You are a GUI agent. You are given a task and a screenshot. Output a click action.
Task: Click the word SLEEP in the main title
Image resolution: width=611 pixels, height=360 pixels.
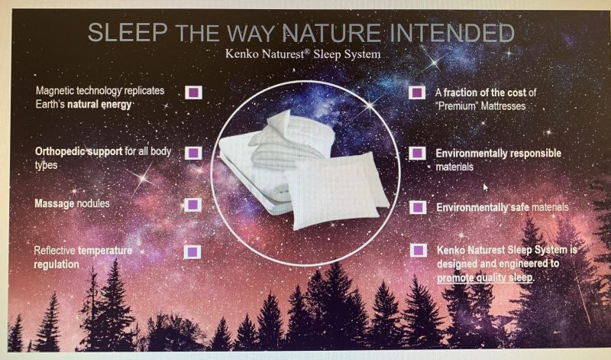(128, 32)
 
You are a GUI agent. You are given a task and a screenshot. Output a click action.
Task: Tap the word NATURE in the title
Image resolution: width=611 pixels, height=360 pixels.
(331, 33)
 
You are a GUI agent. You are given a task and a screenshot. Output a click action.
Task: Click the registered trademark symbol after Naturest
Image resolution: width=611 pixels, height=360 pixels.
(307, 50)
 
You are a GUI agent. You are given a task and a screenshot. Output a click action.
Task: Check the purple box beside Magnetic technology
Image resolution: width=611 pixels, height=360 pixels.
(193, 92)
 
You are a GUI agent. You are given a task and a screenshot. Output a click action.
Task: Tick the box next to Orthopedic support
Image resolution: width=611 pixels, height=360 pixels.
(193, 153)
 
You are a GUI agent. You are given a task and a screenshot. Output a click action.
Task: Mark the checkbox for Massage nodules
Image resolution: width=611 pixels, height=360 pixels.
(192, 205)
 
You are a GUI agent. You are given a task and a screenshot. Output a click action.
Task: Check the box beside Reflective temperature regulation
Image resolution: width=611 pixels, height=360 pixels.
(192, 252)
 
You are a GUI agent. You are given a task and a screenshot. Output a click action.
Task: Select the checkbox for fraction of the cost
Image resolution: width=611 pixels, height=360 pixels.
(417, 92)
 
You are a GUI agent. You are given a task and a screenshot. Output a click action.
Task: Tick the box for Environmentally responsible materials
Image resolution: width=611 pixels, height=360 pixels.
(417, 153)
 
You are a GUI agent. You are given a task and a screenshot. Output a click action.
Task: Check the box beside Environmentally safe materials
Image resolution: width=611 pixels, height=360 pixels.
(418, 207)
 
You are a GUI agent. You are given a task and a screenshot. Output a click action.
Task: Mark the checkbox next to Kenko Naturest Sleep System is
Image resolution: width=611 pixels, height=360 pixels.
(419, 250)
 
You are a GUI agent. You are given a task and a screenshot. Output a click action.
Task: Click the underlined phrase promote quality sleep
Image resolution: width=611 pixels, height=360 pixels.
(485, 277)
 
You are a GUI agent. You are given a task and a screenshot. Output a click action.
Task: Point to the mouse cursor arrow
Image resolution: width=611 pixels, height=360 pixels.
(486, 187)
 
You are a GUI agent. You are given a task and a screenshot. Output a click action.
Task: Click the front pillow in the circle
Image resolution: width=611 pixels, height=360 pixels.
(335, 191)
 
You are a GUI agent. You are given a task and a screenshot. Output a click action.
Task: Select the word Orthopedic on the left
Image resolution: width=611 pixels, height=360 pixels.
(58, 151)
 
